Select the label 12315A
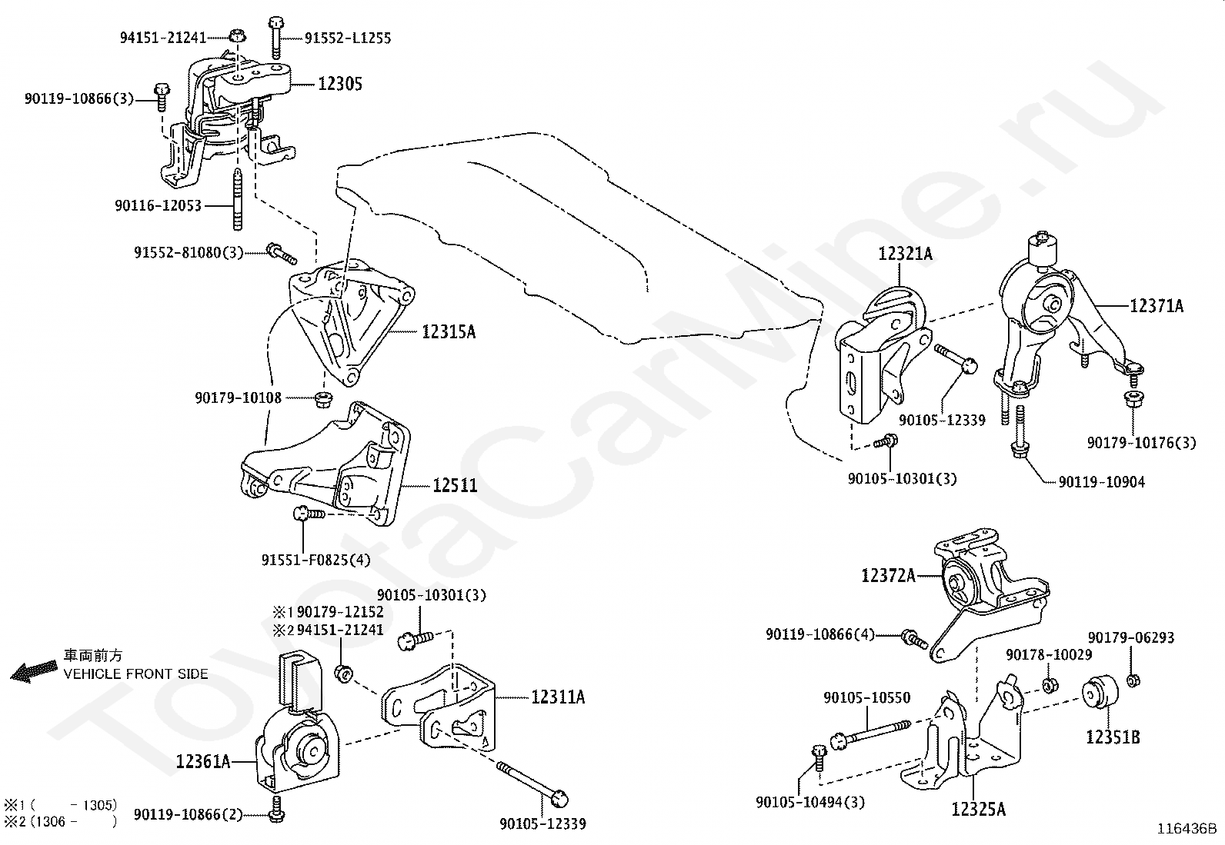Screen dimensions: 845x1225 coord(449,332)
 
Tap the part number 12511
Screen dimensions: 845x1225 coord(454,485)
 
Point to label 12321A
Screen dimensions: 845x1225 coord(906,253)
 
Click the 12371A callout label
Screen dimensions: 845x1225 coord(1157,306)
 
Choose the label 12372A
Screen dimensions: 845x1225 coord(888,575)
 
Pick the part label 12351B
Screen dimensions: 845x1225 coord(1113,737)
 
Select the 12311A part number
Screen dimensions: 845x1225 coord(558,697)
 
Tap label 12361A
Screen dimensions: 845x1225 coord(203,761)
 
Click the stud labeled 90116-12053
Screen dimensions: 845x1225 coord(238,200)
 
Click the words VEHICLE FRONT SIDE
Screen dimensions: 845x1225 coord(135,674)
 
